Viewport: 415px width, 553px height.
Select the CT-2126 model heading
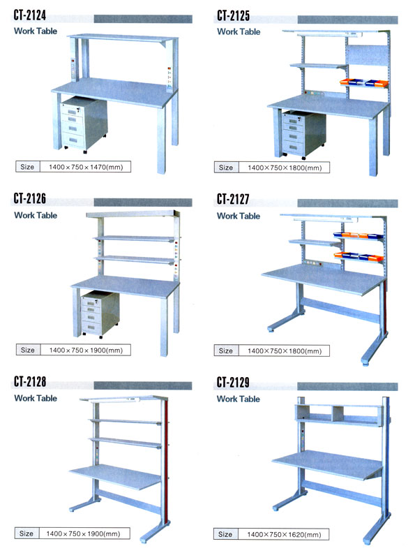point(36,198)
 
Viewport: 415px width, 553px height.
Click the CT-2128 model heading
point(36,382)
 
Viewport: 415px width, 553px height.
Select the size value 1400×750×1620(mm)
point(284,534)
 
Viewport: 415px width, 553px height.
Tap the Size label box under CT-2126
point(28,350)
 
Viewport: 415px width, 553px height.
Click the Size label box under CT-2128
point(27,533)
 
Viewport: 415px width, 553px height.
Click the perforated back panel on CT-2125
point(365,63)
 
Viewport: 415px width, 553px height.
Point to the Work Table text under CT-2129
point(238,399)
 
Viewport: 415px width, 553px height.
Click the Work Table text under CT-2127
point(238,216)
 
